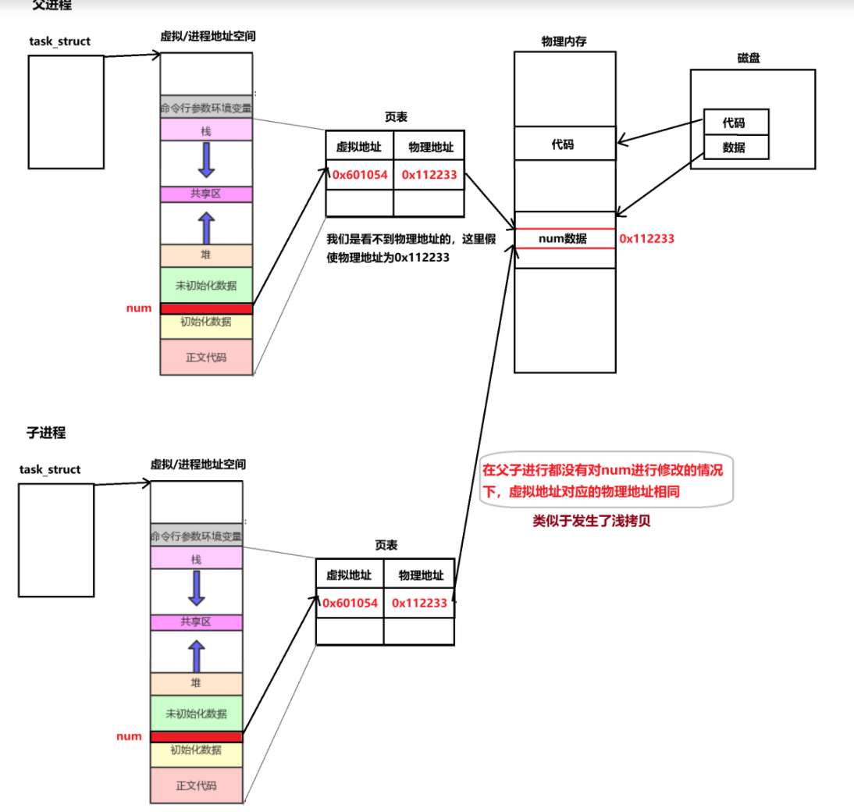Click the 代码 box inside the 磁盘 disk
coord(735,123)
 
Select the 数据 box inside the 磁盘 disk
coord(735,147)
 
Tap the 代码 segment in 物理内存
coord(564,144)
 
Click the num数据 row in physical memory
coord(564,238)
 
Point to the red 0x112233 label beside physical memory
coord(646,238)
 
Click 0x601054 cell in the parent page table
coord(360,175)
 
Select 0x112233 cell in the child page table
coord(419,603)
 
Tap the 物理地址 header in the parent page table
coord(429,146)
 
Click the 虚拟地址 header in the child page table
coord(349,575)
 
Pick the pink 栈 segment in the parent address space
coord(206,130)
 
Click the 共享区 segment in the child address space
coord(196,622)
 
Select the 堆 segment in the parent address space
coord(206,255)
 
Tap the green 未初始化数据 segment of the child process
coord(196,713)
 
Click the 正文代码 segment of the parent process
coord(206,358)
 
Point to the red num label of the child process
coord(129,736)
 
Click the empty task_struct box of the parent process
coord(66,112)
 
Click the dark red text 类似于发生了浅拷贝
coord(591,522)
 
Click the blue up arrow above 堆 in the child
coord(196,656)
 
